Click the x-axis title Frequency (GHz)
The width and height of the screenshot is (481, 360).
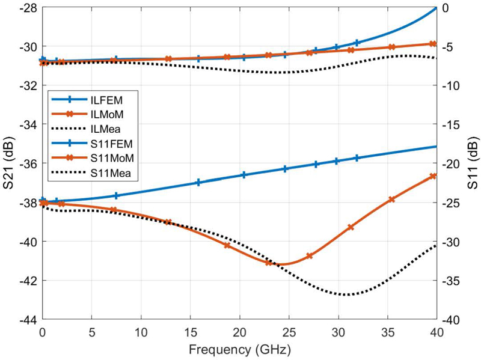(239, 349)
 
